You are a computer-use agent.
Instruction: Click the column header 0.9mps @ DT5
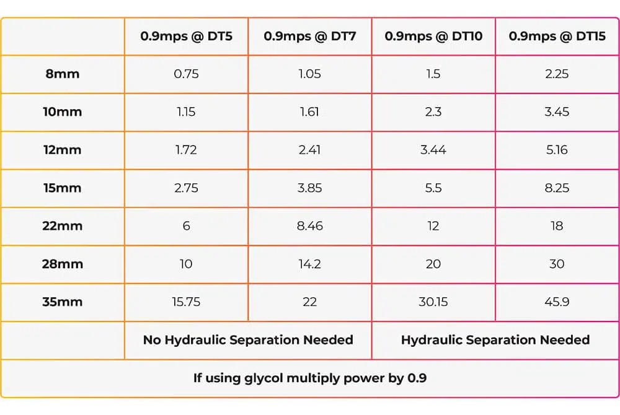[x=186, y=37]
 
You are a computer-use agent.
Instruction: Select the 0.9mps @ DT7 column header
[x=310, y=37]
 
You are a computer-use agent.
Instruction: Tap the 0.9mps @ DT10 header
[x=433, y=37]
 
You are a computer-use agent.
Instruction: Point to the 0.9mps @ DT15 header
[x=557, y=37]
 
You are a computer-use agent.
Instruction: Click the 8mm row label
[x=63, y=74]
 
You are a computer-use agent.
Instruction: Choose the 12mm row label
[x=63, y=150]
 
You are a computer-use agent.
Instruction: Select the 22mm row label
[x=63, y=226]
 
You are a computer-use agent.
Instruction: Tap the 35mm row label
[x=63, y=302]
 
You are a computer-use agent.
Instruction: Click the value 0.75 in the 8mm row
[x=186, y=74]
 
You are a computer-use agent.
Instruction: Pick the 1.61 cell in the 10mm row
[x=309, y=111]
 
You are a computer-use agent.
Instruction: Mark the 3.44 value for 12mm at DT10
[x=433, y=150]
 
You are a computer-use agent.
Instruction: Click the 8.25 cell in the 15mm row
[x=557, y=188]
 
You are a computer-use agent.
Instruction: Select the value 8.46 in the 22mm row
[x=310, y=226]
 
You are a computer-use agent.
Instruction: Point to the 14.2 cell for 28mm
[x=309, y=264]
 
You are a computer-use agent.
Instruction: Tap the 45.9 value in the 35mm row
[x=557, y=302]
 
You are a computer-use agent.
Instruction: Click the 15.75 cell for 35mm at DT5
[x=186, y=302]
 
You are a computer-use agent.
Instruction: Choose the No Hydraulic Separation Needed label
[x=249, y=340]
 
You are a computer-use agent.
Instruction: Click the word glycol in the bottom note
[x=263, y=378]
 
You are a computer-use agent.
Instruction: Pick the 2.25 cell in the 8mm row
[x=557, y=74]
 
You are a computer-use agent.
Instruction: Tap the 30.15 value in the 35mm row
[x=433, y=302]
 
